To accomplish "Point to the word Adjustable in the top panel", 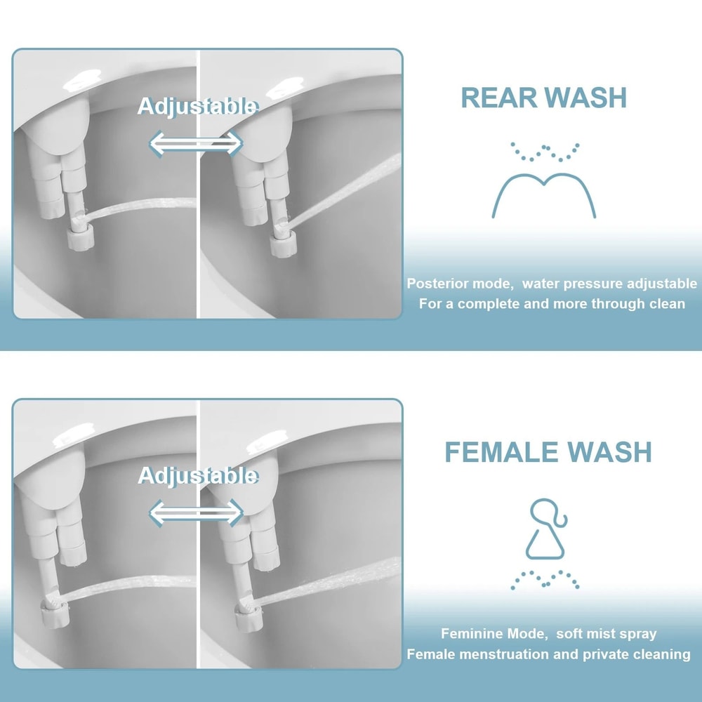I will tap(197, 107).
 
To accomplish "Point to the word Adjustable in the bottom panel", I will tap(197, 475).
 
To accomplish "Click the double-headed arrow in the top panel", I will tap(196, 144).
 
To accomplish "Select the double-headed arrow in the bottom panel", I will tap(196, 512).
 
